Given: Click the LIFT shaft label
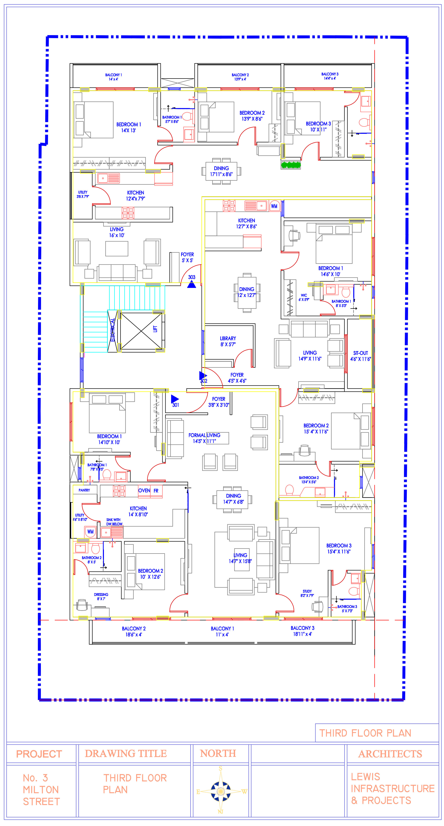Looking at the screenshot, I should click(155, 329).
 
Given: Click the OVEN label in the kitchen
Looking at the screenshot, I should click(144, 491).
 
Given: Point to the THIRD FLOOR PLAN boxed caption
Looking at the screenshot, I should click(365, 733).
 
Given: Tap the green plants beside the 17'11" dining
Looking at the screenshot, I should click(291, 165).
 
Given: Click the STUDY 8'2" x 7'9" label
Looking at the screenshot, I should click(307, 593).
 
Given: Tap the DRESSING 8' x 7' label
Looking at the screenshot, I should click(101, 596).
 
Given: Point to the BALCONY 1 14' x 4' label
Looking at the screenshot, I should click(113, 77).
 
